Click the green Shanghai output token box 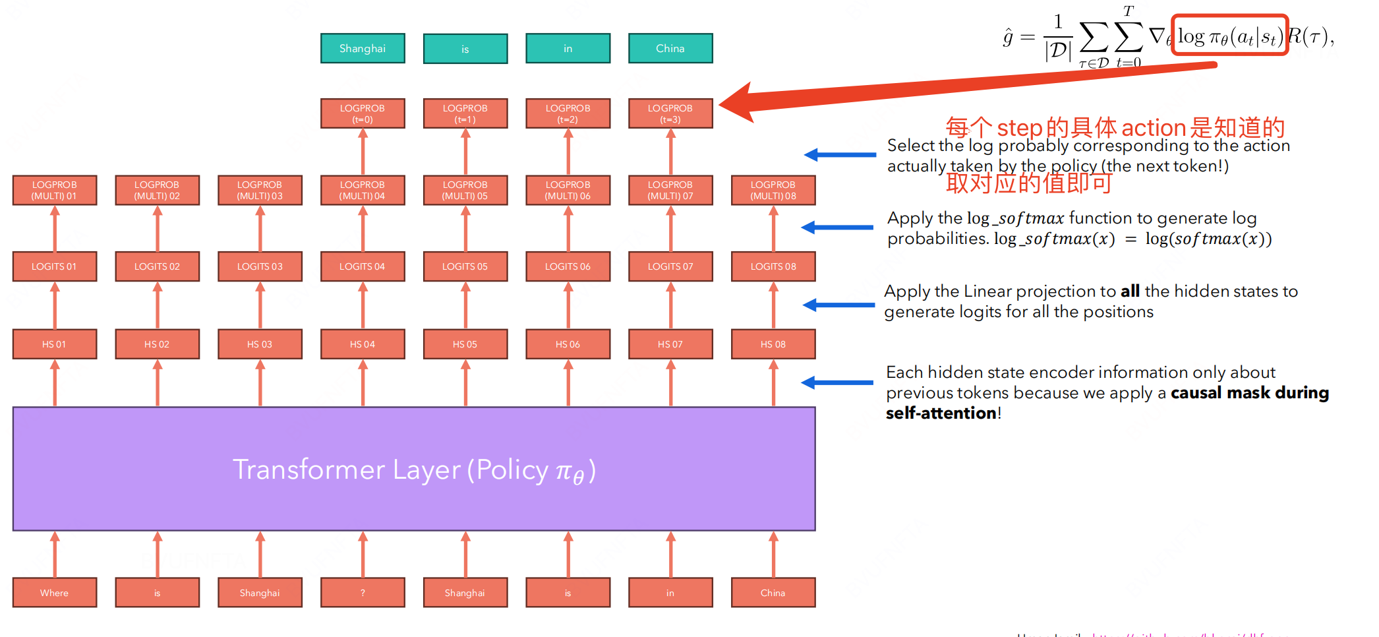coord(363,48)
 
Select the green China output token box coord(670,48)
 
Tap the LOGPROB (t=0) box coord(363,113)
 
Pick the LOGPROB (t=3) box coord(670,113)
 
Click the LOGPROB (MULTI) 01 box coord(55,190)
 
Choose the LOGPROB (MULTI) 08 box coord(773,190)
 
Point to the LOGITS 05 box coord(465,266)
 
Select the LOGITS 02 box coord(157,266)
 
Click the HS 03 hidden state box coord(260,344)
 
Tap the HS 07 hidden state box coord(670,344)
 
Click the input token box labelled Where coord(55,593)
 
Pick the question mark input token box coord(363,593)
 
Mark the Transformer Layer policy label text coord(414,470)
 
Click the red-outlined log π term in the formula coord(1229,36)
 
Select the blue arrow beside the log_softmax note coord(837,228)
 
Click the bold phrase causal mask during coord(1249,393)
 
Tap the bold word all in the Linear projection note coord(1130,291)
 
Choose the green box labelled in coord(568,48)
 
